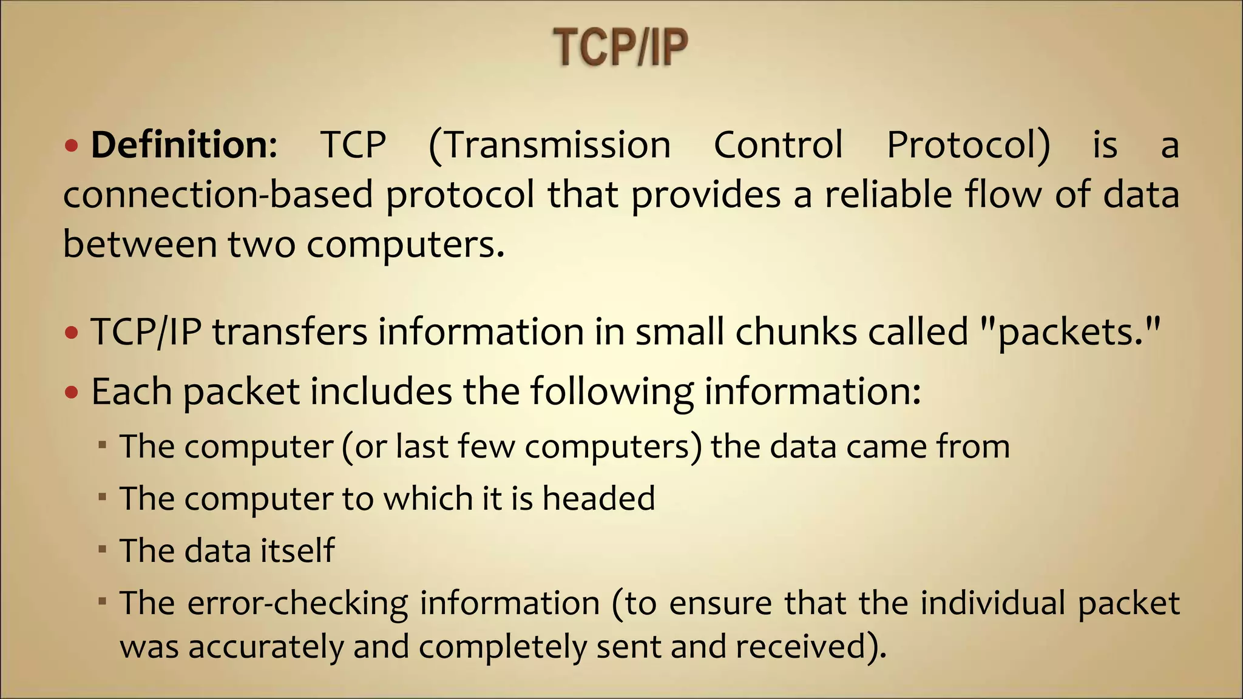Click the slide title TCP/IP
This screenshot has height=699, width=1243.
tap(620, 47)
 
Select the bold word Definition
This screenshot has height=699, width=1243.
tap(183, 145)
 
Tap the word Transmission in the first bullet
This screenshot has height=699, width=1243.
tap(550, 145)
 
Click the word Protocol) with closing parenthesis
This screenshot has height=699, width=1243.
tap(968, 145)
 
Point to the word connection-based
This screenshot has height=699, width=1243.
tap(218, 195)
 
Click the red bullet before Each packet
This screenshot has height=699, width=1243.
tap(72, 393)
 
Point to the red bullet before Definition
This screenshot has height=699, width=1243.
tap(72, 146)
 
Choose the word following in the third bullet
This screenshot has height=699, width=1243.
tap(612, 391)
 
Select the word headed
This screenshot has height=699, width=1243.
tap(598, 498)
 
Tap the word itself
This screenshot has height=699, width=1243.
tap(297, 550)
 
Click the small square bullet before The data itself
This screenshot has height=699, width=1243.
tap(103, 550)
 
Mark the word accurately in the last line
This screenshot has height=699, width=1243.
tap(266, 646)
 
